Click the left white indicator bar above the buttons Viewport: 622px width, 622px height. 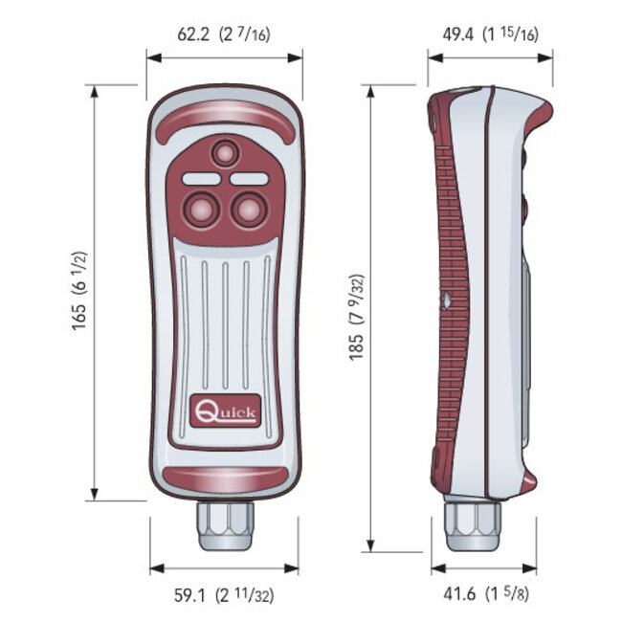tap(200, 178)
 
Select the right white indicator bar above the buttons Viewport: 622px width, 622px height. tap(249, 178)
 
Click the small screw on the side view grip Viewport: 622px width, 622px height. tap(447, 300)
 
